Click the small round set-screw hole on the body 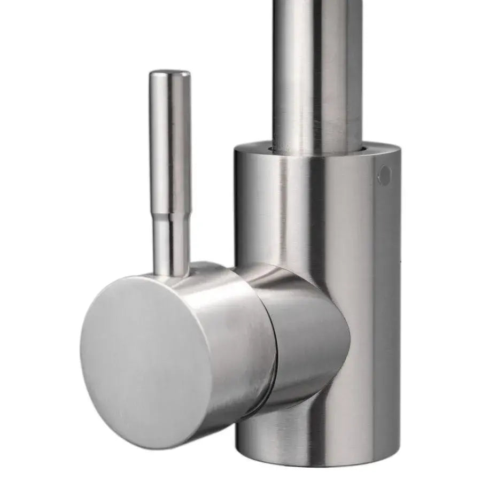(x=384, y=175)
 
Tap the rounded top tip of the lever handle (x=169, y=74)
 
